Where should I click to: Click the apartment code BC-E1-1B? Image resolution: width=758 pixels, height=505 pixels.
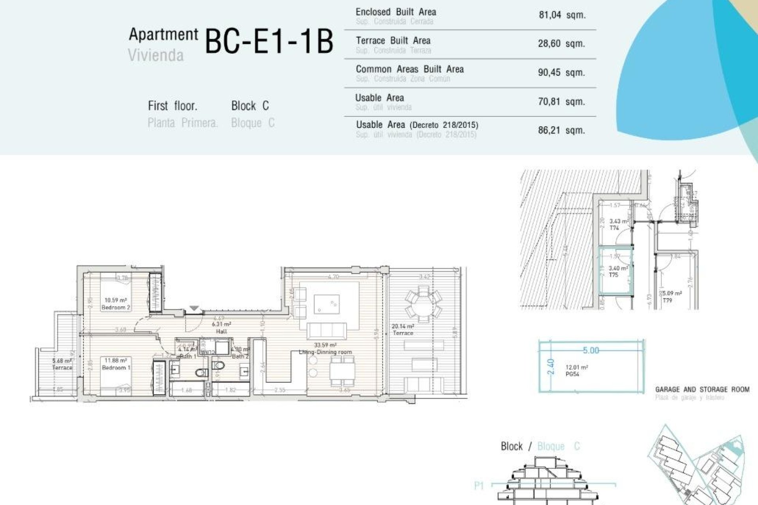(x=269, y=41)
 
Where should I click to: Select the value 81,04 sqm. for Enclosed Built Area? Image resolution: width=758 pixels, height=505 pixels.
(x=562, y=15)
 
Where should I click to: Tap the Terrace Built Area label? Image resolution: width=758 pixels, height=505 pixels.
(x=393, y=41)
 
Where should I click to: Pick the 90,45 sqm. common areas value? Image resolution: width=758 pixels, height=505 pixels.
(x=561, y=73)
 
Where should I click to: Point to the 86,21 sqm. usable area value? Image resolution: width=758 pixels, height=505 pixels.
(x=561, y=130)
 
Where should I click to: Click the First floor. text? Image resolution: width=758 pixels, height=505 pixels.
(x=173, y=106)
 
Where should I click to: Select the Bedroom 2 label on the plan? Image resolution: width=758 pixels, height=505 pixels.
(x=116, y=307)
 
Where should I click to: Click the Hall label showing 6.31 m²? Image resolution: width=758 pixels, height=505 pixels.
(x=221, y=328)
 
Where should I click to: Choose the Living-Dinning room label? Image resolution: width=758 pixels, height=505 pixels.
(x=325, y=352)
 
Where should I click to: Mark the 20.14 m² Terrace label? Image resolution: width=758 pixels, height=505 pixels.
(x=403, y=329)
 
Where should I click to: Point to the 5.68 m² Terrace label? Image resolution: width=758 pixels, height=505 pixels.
(x=62, y=364)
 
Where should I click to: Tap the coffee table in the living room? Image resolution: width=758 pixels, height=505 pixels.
(x=326, y=304)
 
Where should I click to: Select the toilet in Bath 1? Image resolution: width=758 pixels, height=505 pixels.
(x=202, y=372)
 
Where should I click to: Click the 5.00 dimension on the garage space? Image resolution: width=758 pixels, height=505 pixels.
(x=591, y=350)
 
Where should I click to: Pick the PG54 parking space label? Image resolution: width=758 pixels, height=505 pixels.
(x=572, y=374)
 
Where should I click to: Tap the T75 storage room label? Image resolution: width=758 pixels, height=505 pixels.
(x=614, y=275)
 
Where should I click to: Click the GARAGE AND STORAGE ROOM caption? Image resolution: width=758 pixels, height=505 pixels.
(x=702, y=389)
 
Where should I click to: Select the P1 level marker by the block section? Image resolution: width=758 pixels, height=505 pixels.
(x=479, y=486)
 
